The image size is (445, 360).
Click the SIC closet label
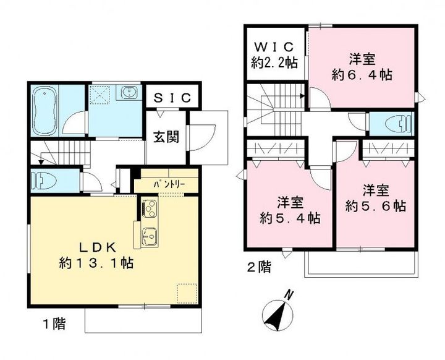172,98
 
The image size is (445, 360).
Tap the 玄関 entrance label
166,137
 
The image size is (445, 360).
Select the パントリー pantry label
169,184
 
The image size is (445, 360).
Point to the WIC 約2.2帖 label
274,54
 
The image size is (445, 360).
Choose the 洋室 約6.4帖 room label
362,67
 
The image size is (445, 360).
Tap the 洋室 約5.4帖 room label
290,210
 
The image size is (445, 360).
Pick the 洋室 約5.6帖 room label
376,198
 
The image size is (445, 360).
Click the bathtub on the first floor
44,111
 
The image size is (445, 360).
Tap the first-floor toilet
44,181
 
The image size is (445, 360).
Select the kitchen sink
150,236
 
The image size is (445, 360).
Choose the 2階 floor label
259,267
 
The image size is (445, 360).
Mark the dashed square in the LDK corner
187,293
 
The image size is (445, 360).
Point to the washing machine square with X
100,92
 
